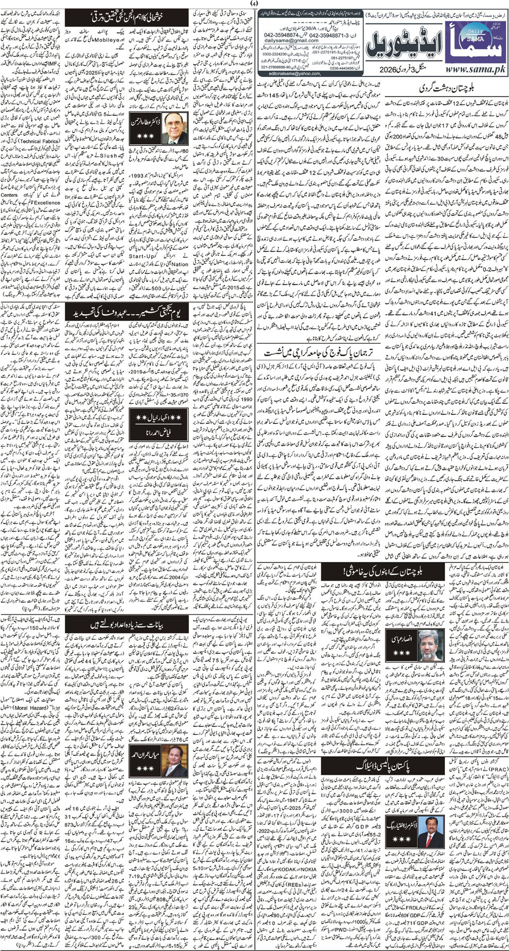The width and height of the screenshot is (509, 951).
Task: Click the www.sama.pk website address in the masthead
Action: pyautogui.click(x=469, y=69)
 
